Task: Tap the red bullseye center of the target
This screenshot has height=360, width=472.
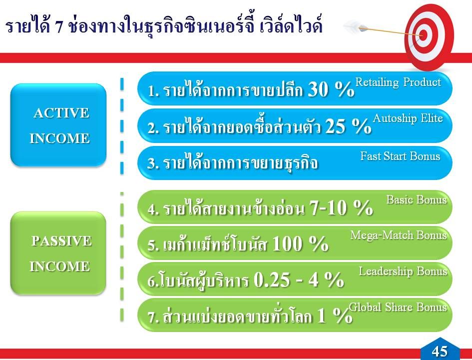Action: [423, 35]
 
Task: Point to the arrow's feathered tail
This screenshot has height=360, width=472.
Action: [355, 26]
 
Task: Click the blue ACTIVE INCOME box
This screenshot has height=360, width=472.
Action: [58, 125]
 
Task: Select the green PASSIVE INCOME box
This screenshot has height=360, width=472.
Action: [58, 253]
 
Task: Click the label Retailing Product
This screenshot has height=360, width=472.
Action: [398, 82]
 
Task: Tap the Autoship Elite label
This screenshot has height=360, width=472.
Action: [408, 118]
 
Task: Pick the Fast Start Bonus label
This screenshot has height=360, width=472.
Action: [401, 156]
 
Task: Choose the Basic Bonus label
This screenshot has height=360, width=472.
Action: [417, 199]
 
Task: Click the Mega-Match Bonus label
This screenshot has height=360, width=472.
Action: [399, 235]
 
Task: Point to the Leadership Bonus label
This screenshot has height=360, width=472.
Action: [403, 271]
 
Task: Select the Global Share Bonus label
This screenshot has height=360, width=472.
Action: [398, 307]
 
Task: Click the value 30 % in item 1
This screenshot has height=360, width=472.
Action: [331, 89]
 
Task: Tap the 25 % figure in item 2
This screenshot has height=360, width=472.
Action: [348, 125]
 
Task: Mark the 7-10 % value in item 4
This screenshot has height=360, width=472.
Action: [341, 207]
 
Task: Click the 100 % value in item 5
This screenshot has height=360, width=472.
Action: [300, 243]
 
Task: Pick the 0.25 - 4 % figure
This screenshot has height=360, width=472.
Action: [299, 279]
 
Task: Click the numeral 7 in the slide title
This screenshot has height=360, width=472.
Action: [59, 27]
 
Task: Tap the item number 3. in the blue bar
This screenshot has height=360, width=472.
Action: [153, 163]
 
